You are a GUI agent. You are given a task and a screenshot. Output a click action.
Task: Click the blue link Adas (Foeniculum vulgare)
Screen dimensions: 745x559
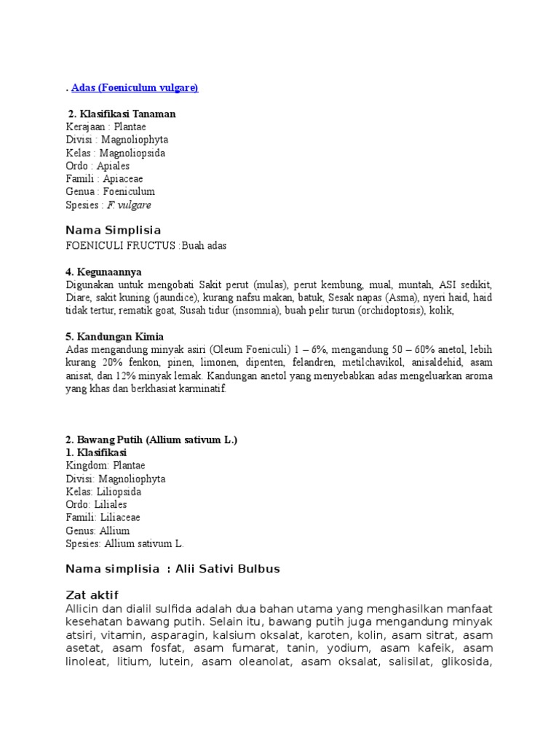[135, 88]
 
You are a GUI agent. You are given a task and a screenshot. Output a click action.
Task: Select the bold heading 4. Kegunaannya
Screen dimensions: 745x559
[103, 272]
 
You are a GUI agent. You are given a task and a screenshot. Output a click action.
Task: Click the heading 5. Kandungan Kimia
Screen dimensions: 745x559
[114, 337]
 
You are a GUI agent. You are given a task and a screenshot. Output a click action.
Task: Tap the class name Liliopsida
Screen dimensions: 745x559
[120, 492]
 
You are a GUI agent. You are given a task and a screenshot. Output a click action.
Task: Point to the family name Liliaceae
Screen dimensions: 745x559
[120, 517]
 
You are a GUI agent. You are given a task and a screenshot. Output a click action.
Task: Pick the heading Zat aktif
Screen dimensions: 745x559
[92, 594]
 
